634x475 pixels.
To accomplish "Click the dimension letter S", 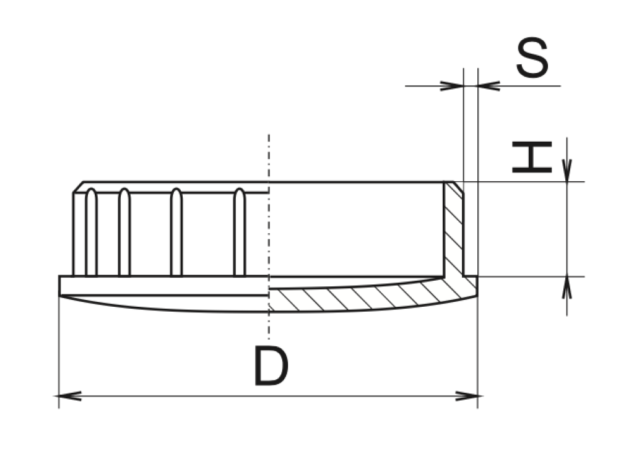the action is point(532,58).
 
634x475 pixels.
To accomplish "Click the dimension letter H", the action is point(532,157).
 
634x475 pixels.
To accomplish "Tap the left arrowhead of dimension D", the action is point(69,396).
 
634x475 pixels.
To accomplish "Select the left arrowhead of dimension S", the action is point(452,85).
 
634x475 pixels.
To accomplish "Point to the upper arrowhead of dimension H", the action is point(567,171).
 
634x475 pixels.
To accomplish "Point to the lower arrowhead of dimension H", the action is point(567,288).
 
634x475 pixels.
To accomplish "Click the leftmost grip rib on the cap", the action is point(92,233).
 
